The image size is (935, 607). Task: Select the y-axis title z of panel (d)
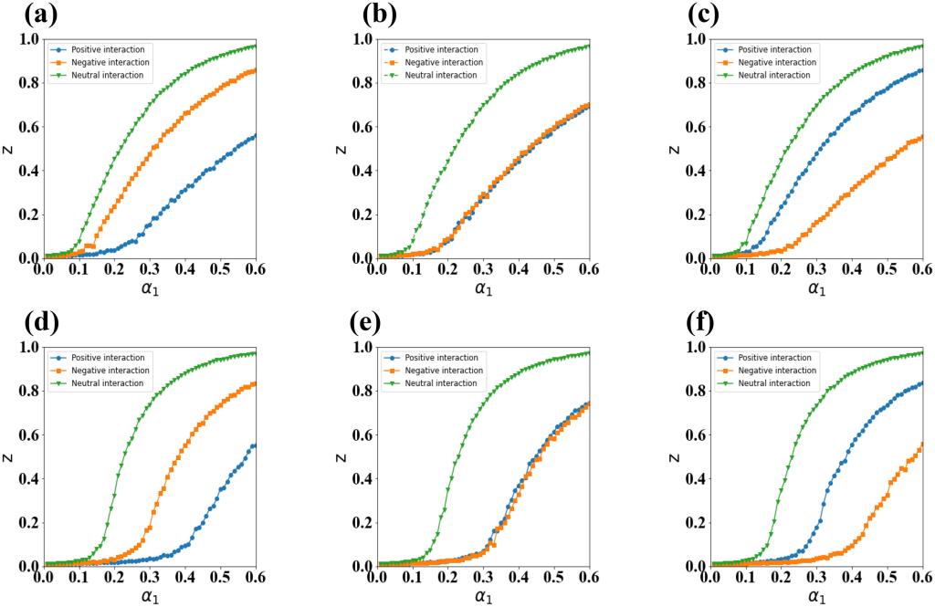[9, 456]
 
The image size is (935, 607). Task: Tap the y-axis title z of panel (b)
[342, 149]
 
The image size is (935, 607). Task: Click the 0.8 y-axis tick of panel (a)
[28, 83]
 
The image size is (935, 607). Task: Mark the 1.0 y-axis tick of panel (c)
[695, 39]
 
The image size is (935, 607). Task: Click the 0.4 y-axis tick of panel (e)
[362, 478]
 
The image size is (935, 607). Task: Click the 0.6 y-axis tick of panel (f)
[695, 434]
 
